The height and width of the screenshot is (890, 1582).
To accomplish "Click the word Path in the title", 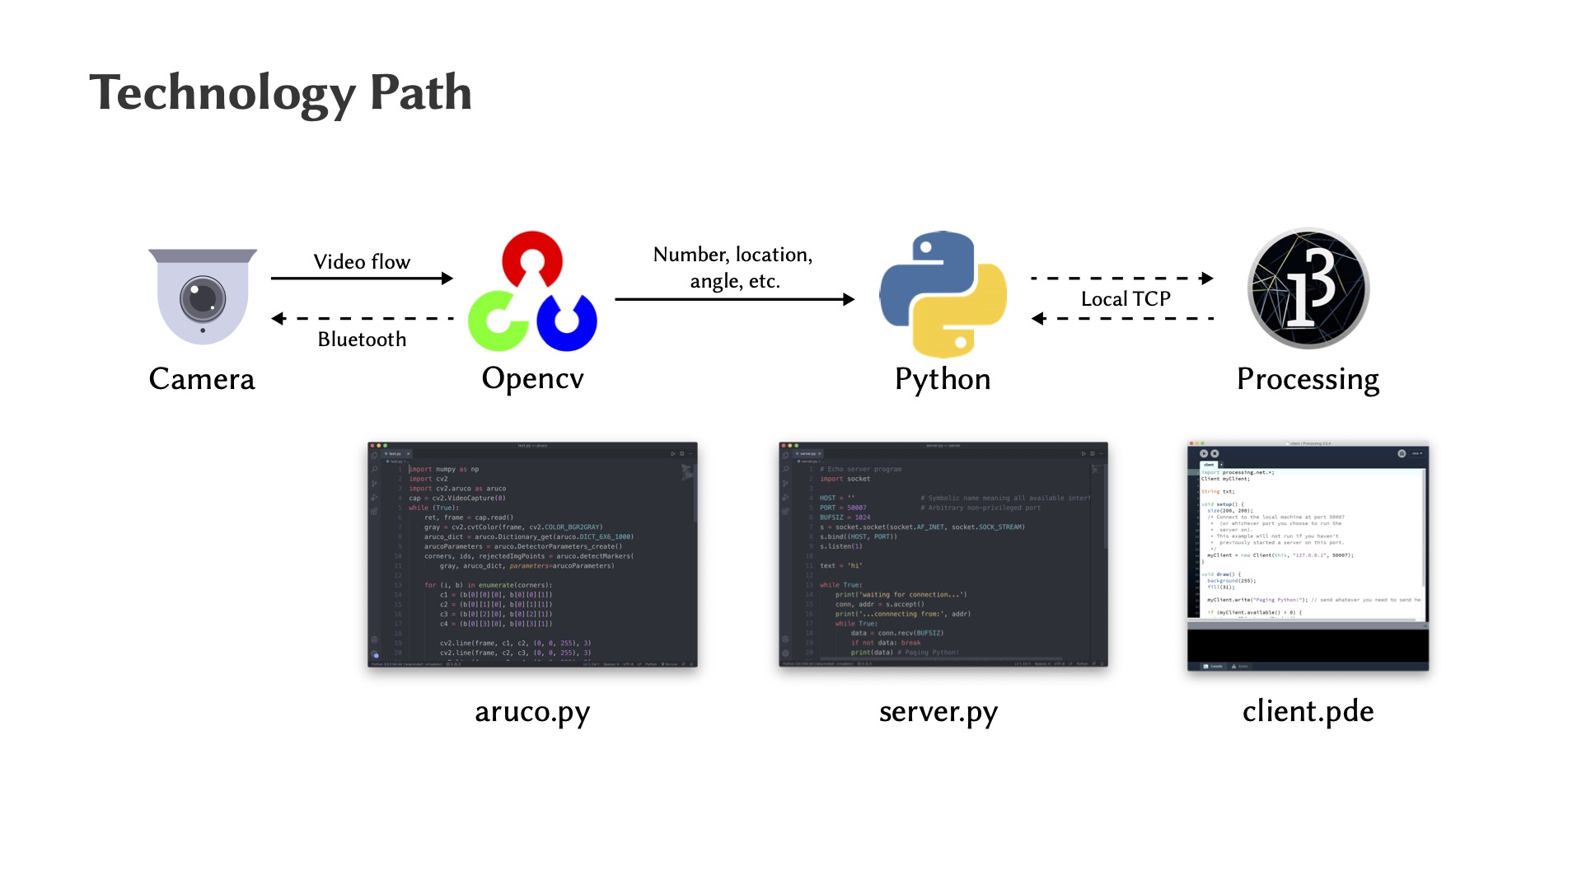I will [x=420, y=92].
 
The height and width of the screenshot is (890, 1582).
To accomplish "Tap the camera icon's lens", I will [x=203, y=298].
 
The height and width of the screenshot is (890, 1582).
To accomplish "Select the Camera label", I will [x=202, y=379].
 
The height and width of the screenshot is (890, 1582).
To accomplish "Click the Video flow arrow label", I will [x=362, y=262].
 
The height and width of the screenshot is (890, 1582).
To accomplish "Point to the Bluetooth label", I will [x=362, y=340].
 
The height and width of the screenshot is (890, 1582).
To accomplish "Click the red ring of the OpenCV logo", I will [x=532, y=257].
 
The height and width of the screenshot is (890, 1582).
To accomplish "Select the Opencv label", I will [x=532, y=378].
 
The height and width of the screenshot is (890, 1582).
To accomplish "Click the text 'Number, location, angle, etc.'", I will [x=733, y=268].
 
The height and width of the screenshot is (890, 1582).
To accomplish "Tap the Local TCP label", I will [x=1126, y=299].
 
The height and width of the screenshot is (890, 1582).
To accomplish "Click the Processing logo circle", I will [x=1308, y=288].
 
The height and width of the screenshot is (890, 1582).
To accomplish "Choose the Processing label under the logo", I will [x=1308, y=379].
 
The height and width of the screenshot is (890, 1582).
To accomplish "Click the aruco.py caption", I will [x=532, y=711].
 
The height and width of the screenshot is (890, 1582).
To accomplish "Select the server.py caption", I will [x=938, y=711].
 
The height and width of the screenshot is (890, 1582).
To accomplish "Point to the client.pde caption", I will [x=1308, y=711].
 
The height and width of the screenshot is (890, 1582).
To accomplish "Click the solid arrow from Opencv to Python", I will [x=733, y=299].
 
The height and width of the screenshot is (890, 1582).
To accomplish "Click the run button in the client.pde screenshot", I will [x=1204, y=453].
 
